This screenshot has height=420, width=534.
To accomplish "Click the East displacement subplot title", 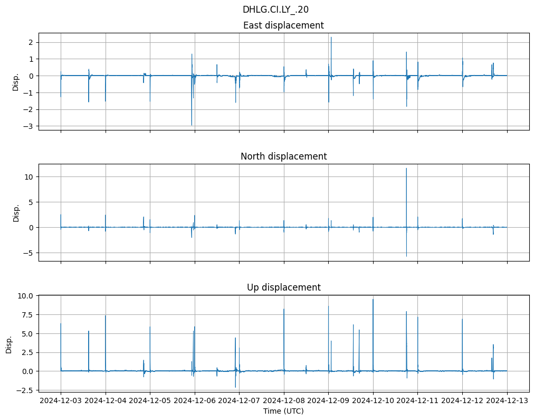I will (283, 25).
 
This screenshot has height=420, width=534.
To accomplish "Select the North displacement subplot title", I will (283, 156).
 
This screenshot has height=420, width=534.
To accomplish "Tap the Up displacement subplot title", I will (283, 287).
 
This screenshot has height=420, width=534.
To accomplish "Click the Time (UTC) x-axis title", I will (283, 411).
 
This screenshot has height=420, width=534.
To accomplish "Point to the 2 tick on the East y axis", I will (31, 42).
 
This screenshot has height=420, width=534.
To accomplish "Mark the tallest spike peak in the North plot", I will (406, 169).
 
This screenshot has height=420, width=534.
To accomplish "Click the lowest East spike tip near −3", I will (192, 125).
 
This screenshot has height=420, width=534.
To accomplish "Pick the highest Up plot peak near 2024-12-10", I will (373, 300).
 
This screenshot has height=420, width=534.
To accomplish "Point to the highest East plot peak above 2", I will (331, 38).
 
